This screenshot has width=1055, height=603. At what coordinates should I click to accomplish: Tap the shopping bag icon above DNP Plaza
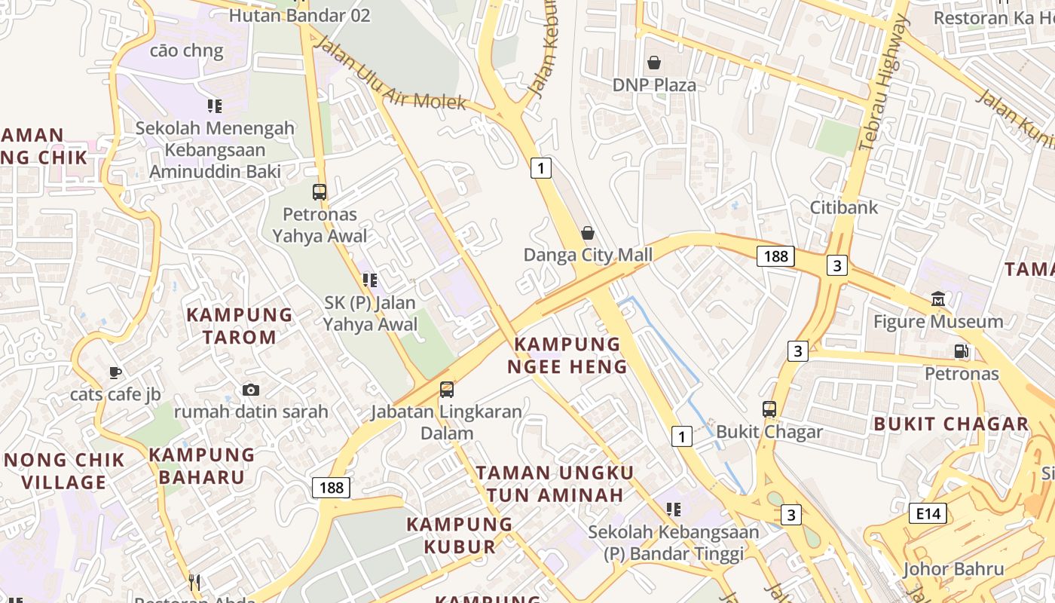pos(654,63)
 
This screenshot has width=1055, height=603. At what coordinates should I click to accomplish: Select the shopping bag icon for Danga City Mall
pos(588,233)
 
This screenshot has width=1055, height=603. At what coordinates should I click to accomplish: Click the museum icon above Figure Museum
pos(938,298)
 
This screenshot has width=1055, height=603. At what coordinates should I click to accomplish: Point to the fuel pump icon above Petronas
pos(961,350)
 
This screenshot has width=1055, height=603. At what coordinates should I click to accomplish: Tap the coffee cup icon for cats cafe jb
pos(115,372)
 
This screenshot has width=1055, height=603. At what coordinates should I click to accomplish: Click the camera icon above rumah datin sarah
pos(251,390)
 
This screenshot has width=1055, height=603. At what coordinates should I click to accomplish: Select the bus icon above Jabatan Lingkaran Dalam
pos(447,390)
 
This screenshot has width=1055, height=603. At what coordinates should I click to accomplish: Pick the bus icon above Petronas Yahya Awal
pos(320,192)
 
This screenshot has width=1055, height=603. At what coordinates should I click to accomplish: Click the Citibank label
pos(844,207)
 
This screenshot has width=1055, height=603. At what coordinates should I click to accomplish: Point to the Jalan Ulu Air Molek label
pos(390,73)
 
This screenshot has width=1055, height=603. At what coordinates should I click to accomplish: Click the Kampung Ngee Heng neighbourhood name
pos(567,356)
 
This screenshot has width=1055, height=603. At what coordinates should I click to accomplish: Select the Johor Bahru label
pos(953,569)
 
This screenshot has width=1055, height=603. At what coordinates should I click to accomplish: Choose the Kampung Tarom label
pos(239,326)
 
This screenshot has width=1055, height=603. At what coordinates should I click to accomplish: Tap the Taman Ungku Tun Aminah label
pos(555,484)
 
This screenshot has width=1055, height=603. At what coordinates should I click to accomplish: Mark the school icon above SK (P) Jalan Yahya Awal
pos(370,280)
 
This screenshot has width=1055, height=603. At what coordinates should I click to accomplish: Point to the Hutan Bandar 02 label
pos(299,15)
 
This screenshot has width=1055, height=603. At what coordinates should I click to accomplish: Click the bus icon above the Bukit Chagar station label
pos(769,409)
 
